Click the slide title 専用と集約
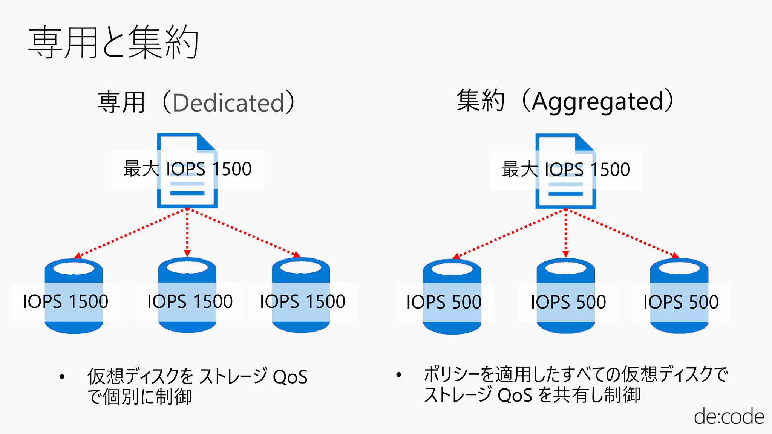pos(113,42)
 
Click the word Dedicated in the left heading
pos(228,102)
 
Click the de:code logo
pos(729,417)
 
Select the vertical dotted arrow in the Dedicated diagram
pos(187,232)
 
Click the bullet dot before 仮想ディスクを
pos(62,376)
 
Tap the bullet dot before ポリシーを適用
pos(399,374)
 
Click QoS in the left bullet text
pos(290,377)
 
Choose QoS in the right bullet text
pos(515,395)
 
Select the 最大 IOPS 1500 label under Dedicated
pos(187,169)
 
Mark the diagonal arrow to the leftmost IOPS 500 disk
pos(509,234)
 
